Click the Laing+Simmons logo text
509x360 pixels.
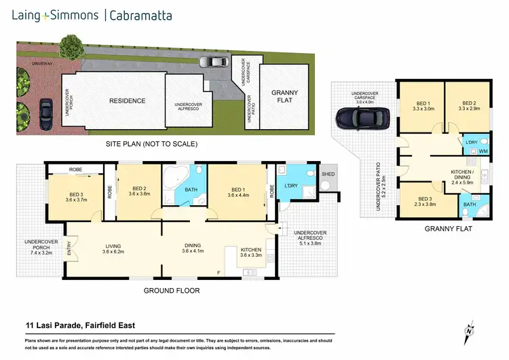[x=54, y=15]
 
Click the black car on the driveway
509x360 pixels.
[x=46, y=109]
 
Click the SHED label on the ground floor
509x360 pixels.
[x=328, y=173]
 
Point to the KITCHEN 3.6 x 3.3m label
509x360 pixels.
[x=251, y=253]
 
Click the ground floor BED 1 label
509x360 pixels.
[x=238, y=193]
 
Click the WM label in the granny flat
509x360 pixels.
[x=483, y=151]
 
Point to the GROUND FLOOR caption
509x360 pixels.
[x=170, y=290]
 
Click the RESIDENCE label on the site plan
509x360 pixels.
[x=128, y=101]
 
